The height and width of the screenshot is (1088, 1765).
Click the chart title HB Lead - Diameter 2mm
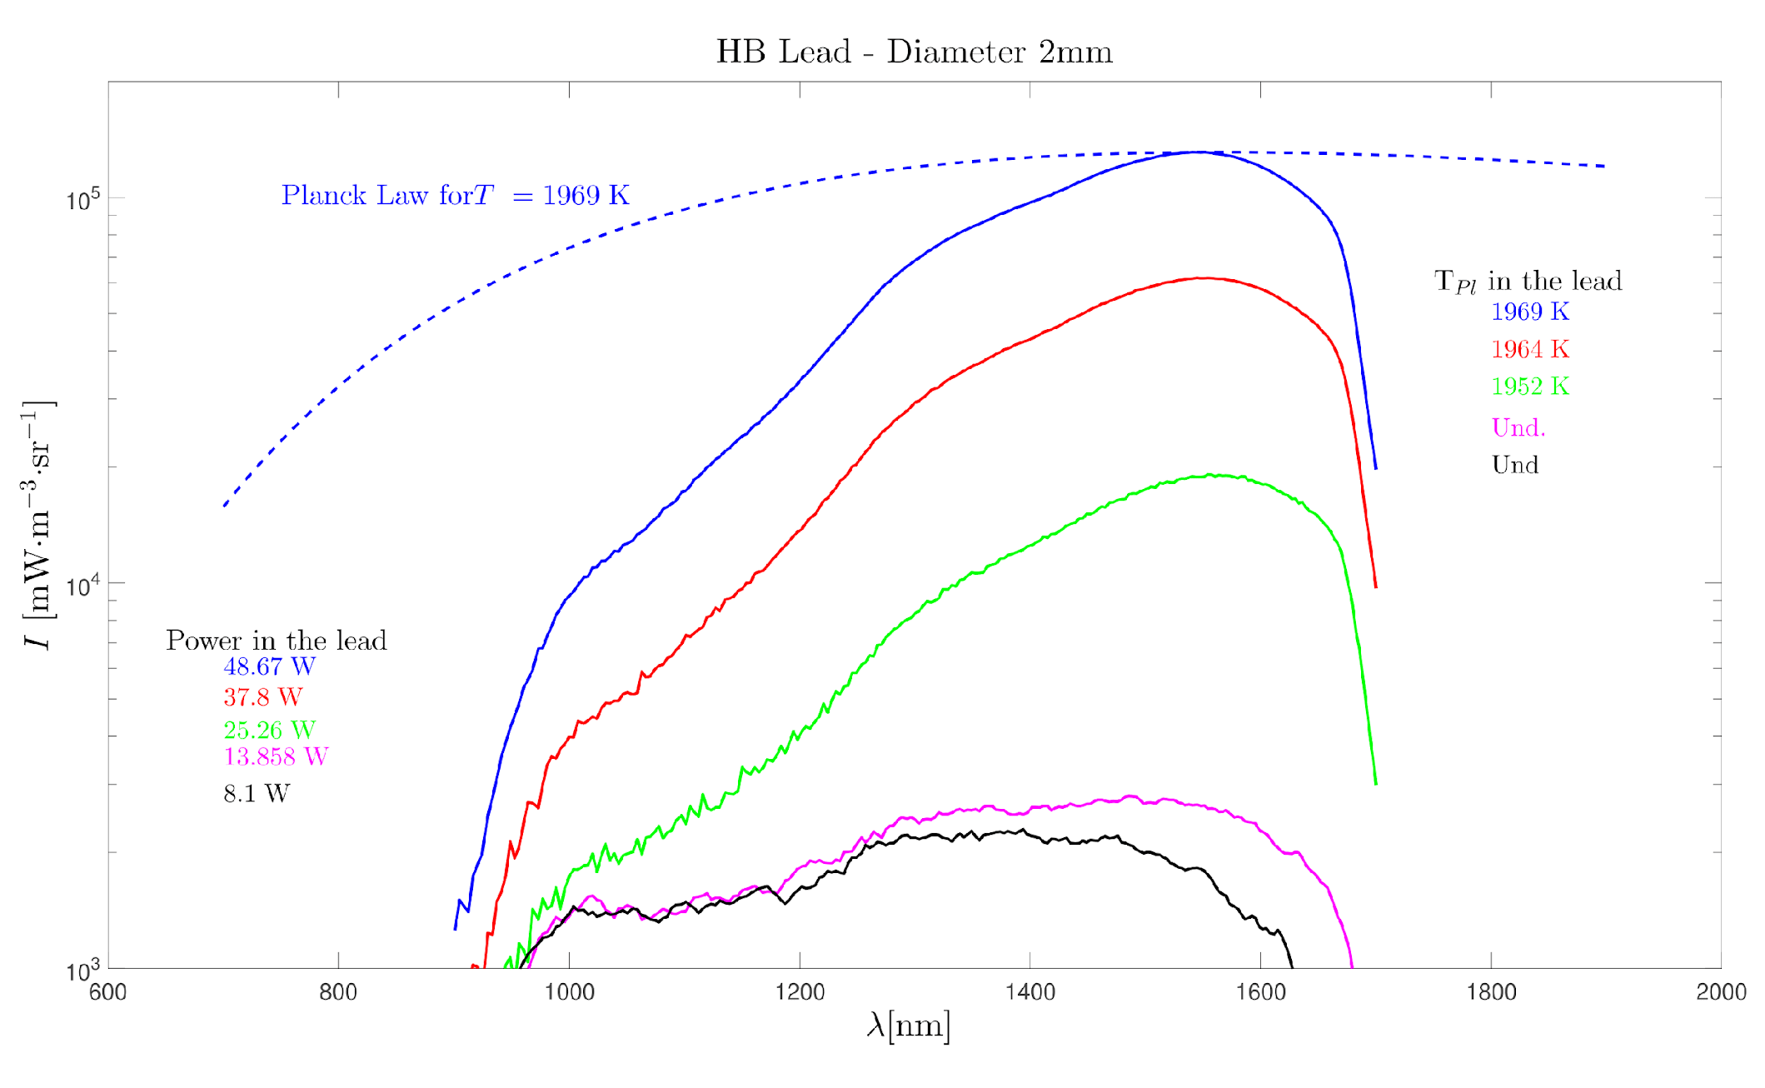pos(914,52)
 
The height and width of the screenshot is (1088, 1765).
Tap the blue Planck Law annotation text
pos(455,195)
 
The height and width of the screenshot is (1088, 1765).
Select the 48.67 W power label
pos(269,666)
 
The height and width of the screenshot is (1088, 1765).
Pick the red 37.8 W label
pos(262,696)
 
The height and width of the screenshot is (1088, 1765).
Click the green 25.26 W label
pos(269,730)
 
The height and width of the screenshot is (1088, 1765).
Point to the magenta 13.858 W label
pos(276,756)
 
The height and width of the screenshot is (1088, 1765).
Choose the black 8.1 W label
pos(257,793)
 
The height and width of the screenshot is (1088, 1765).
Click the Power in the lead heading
pos(276,640)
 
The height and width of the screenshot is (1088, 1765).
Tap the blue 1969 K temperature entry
pos(1529,312)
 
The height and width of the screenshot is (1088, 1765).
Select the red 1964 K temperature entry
pos(1529,349)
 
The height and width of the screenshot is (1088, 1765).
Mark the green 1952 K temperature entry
pos(1529,387)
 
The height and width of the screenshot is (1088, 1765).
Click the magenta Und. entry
pos(1518,428)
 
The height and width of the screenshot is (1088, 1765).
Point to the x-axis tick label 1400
pos(1030,992)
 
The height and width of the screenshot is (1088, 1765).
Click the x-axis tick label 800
pos(338,992)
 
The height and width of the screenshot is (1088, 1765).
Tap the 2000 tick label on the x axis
pos(1721,992)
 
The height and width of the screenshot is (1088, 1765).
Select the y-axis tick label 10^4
pos(82,586)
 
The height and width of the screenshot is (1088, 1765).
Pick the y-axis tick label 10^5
pos(82,201)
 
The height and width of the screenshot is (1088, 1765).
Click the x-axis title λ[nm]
pos(908,1026)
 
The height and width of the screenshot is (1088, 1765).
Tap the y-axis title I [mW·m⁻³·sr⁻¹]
pos(37,525)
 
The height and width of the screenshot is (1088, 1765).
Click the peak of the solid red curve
pos(1204,278)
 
